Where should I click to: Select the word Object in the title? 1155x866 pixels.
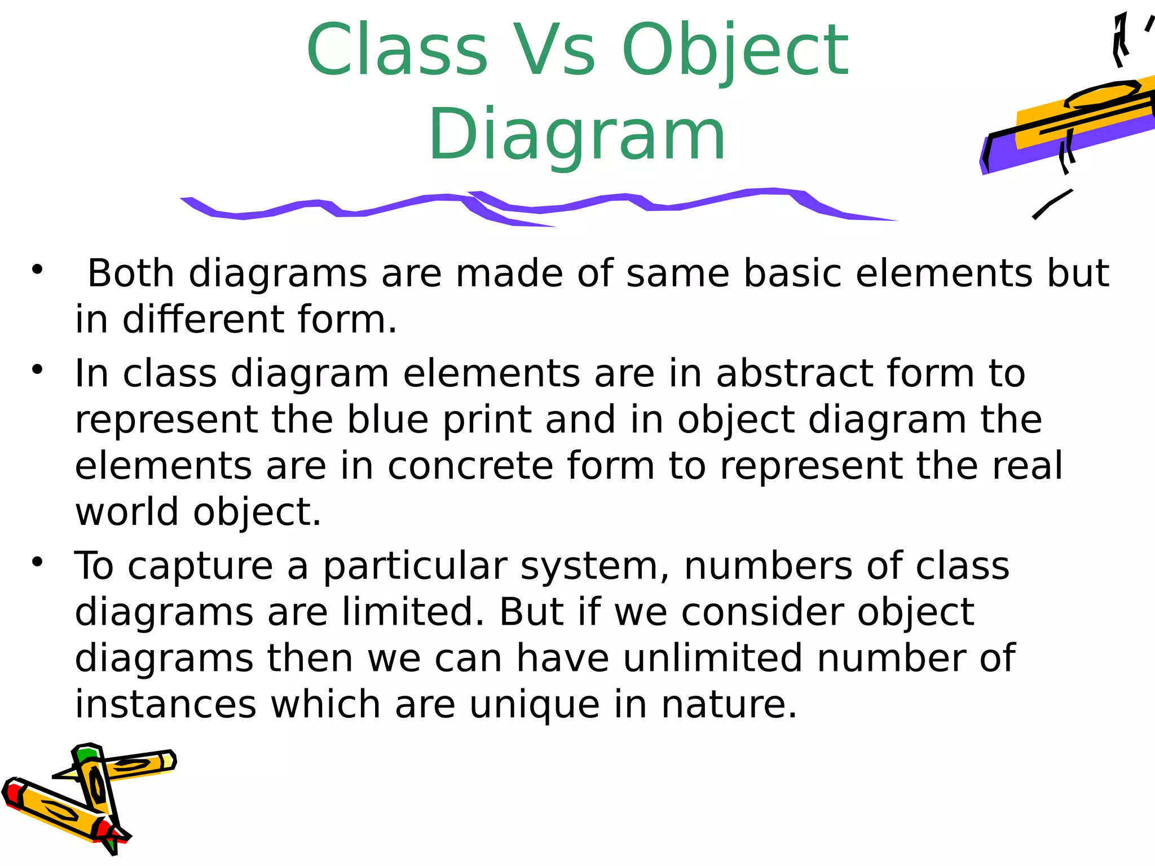tap(735, 51)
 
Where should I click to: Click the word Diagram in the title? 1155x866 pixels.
tap(577, 135)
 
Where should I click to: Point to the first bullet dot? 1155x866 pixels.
tap(37, 269)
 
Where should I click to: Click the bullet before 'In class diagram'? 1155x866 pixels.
tap(37, 370)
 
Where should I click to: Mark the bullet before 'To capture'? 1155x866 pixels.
tap(37, 562)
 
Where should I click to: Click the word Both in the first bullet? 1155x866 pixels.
tap(131, 273)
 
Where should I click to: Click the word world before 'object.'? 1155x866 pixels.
tap(127, 512)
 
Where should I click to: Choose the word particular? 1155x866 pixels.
tap(415, 567)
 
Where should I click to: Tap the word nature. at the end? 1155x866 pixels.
tap(729, 705)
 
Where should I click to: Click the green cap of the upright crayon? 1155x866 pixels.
tap(87, 755)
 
